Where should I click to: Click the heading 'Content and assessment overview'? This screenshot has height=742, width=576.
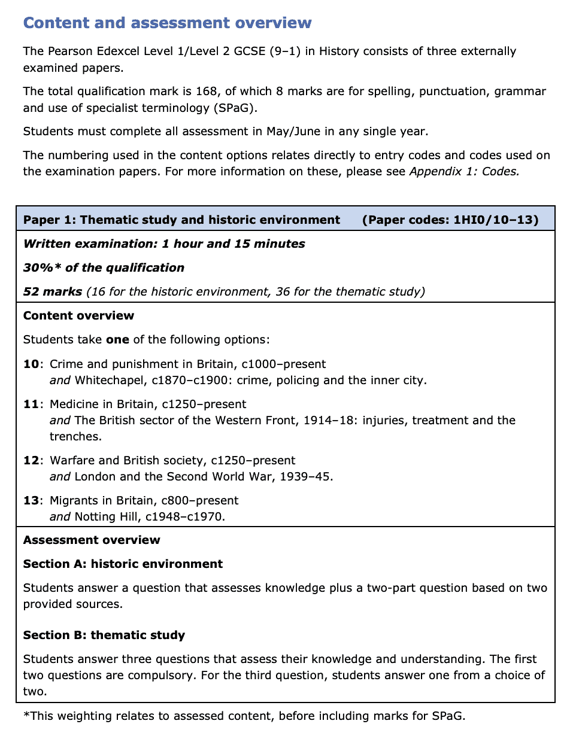[x=167, y=23]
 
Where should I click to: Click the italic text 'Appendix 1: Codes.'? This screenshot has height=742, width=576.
[x=464, y=171]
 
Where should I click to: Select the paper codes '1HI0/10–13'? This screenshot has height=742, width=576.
[x=493, y=220]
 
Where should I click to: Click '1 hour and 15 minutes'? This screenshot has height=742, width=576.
[x=233, y=244]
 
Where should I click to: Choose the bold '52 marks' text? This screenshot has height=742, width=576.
[x=53, y=291]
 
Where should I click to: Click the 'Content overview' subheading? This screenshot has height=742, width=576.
[x=78, y=315]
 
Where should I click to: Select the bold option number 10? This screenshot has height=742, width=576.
[x=31, y=364]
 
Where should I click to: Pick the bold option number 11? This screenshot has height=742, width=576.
[x=31, y=404]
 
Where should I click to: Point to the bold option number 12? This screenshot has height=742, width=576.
[x=31, y=460]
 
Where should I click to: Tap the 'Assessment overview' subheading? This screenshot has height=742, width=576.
[x=92, y=540]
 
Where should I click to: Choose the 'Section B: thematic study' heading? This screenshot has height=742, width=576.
[x=104, y=635]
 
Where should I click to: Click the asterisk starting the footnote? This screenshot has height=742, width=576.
[x=27, y=714]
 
